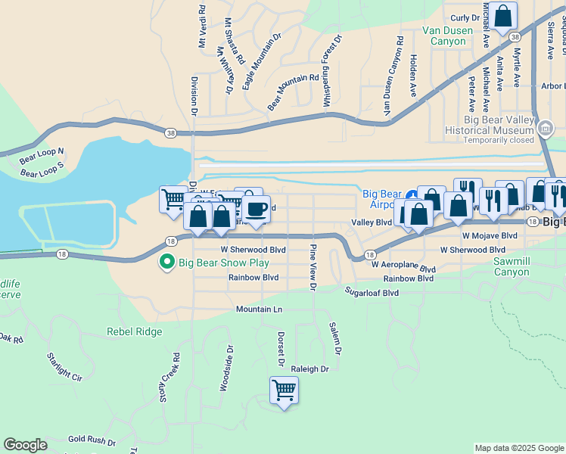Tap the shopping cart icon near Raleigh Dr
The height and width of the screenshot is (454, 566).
(x=284, y=390)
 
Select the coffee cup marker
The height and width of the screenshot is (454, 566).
(x=257, y=208)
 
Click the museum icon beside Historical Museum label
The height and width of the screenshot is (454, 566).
(x=546, y=129)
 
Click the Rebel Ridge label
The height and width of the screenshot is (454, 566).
(x=134, y=331)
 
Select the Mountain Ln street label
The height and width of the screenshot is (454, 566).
(x=259, y=309)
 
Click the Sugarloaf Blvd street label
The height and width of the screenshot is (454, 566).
(x=372, y=292)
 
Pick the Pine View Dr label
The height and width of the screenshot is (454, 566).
(x=312, y=266)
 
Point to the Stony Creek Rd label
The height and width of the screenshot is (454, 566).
(x=170, y=378)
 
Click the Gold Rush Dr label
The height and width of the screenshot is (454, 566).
(x=92, y=440)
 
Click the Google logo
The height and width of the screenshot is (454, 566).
(x=25, y=445)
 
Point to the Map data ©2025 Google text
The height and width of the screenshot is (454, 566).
(x=519, y=448)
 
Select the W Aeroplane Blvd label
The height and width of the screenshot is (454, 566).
(x=403, y=268)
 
